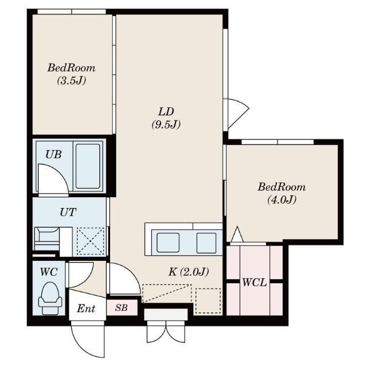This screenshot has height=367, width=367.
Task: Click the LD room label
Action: (x=166, y=112)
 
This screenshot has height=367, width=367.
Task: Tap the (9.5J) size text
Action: (x=166, y=124)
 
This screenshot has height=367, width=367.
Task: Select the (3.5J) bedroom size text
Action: (x=72, y=80)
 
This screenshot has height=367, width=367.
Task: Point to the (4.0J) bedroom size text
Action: (x=282, y=200)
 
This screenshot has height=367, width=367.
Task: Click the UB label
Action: (x=53, y=154)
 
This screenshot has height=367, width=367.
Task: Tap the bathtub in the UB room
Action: (x=88, y=166)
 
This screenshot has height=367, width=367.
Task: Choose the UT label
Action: (x=68, y=212)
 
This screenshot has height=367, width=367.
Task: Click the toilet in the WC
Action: (x=50, y=298)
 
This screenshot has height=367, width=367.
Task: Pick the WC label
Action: (x=49, y=272)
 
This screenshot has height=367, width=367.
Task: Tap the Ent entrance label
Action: (x=86, y=309)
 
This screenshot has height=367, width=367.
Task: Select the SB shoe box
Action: (x=122, y=307)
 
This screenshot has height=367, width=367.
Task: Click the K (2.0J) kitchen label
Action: (x=189, y=272)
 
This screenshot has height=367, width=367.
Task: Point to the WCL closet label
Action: (x=255, y=283)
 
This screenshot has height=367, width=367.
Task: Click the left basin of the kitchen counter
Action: (x=168, y=243)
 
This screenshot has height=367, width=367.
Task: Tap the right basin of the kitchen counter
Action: (x=206, y=243)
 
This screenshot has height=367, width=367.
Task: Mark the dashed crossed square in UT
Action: (x=91, y=241)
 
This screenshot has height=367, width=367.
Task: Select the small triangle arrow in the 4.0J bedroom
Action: (x=237, y=235)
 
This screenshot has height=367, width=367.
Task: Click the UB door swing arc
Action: (x=60, y=172)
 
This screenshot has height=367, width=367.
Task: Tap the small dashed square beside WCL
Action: (x=208, y=300)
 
